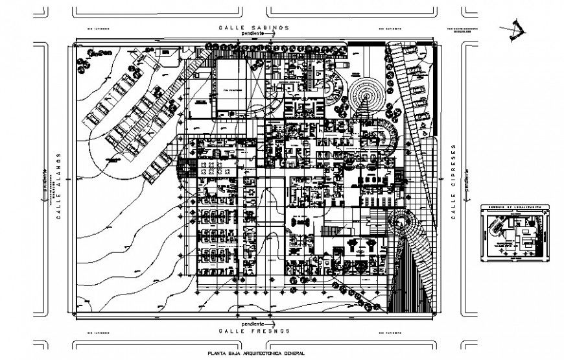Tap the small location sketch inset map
tap(517, 233)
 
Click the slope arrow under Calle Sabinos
tap(273, 35)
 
